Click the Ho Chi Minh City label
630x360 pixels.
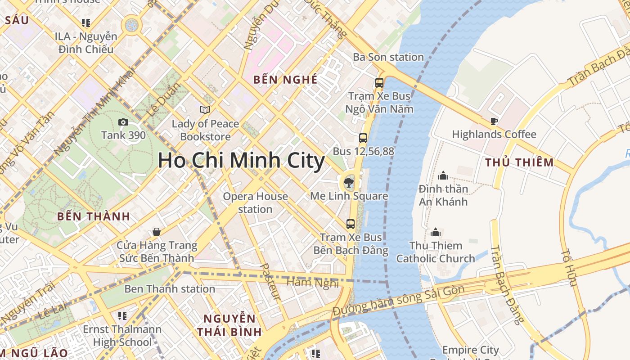tap(241, 161)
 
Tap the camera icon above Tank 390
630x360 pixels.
tap(123, 122)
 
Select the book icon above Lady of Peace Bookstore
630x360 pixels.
tap(205, 110)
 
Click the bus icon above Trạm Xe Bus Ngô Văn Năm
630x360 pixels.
tap(379, 83)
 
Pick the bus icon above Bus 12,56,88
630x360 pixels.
tap(363, 138)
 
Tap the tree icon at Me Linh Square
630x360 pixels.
tap(348, 183)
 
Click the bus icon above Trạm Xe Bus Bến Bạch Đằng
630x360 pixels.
tap(350, 224)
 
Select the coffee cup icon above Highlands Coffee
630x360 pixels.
tap(494, 121)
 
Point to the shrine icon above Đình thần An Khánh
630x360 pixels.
tap(443, 175)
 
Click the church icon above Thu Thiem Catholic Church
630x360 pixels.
tap(435, 232)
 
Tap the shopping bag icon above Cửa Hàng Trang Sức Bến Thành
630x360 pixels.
tap(157, 232)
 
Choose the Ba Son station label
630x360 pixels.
tap(388, 57)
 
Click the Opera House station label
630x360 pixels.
tap(255, 202)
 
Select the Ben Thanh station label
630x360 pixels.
tap(170, 289)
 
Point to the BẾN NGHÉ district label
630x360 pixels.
tap(285, 80)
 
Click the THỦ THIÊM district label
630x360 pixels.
tap(519, 162)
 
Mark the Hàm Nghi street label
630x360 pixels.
tap(312, 283)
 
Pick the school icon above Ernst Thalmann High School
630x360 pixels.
tap(122, 316)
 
